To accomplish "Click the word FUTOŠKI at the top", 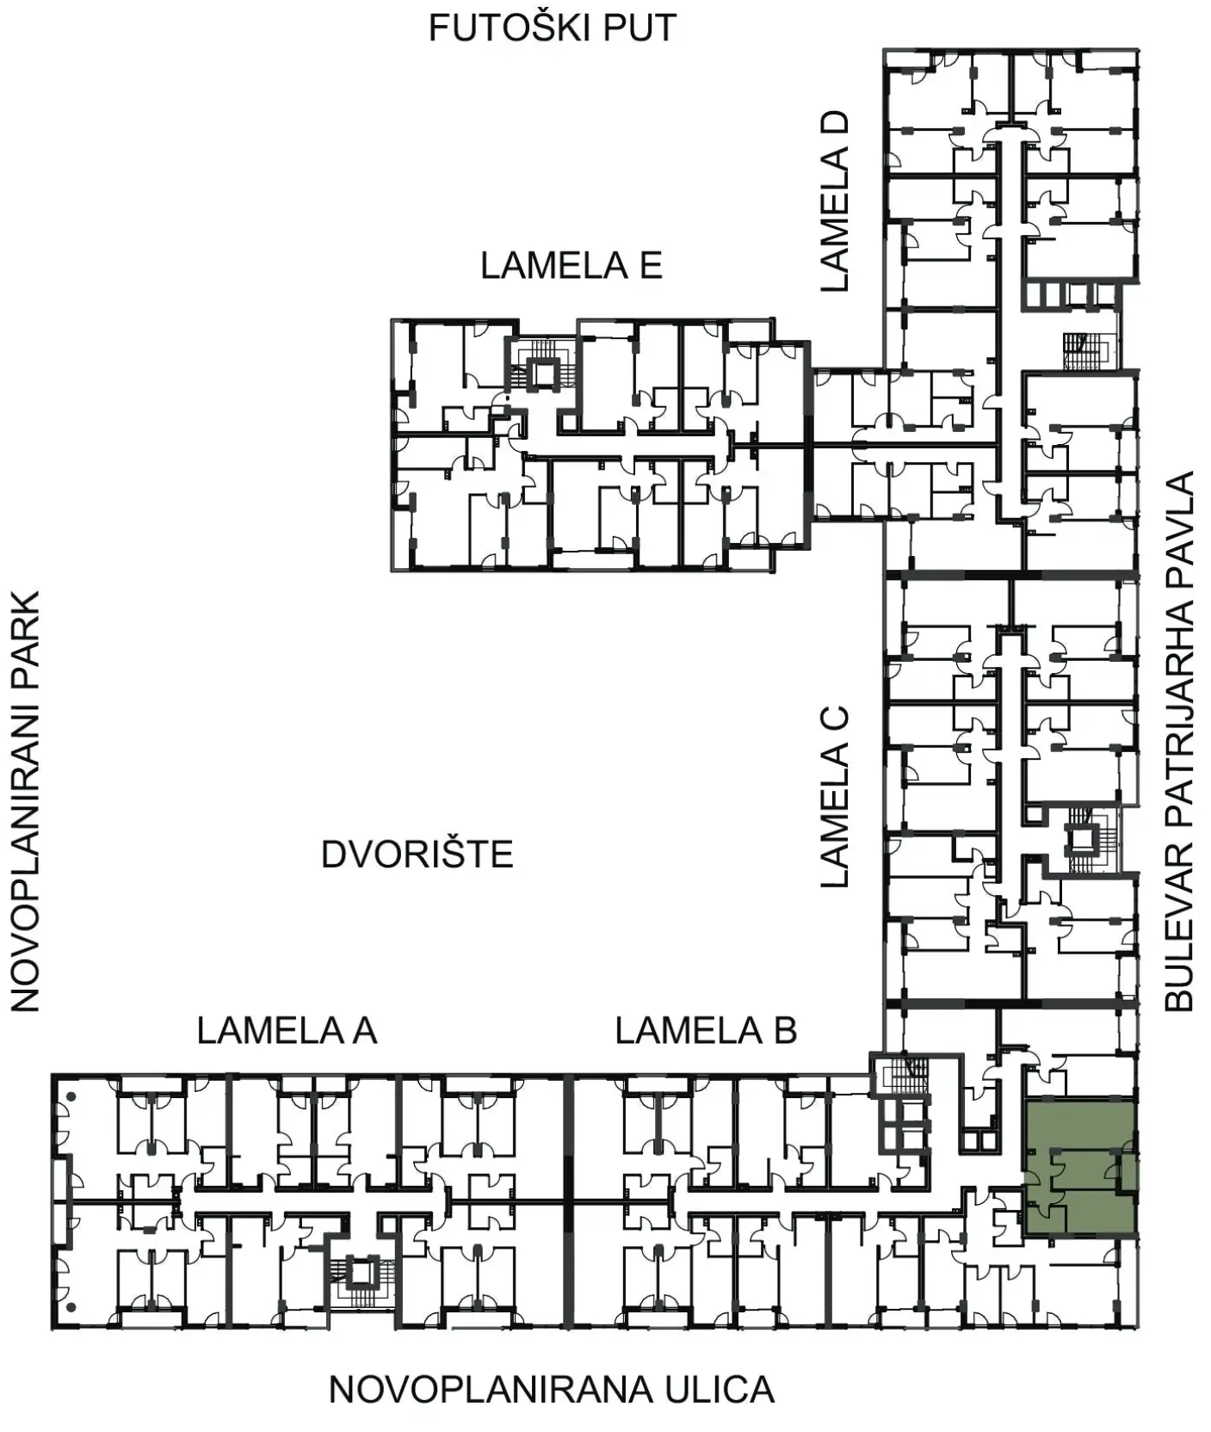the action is point(497,28).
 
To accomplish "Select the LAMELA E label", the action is point(572,265).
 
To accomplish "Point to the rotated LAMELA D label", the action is point(834,201).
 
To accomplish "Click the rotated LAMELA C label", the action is point(834,797).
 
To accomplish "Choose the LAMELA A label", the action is point(287,1030).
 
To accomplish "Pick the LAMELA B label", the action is point(706,1030).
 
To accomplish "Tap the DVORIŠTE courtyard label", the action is point(417,855).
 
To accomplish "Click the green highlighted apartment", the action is point(1080,1166).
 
